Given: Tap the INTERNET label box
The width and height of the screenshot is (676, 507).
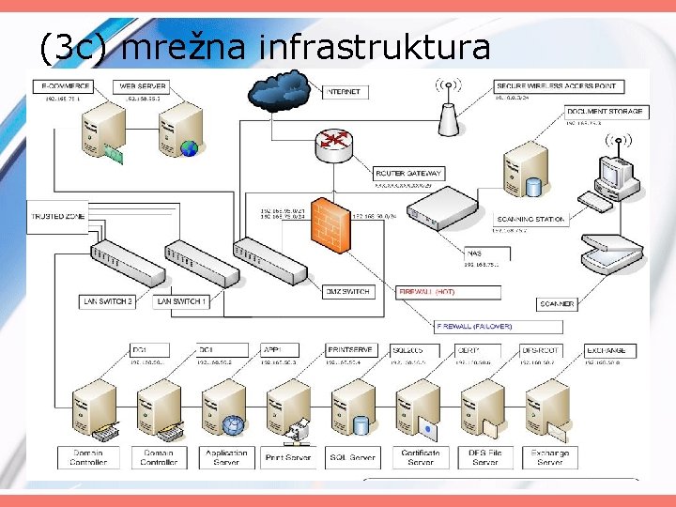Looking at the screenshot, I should [x=345, y=92].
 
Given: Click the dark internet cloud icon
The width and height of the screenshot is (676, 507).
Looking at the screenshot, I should [x=280, y=91].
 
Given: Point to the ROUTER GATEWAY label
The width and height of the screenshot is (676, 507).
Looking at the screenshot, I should [x=407, y=174].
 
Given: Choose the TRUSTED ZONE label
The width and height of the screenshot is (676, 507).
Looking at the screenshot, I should [x=57, y=217].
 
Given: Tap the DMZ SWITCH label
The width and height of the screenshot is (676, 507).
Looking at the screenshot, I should [x=346, y=292].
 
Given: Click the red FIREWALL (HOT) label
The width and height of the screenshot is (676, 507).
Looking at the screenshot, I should [x=427, y=292].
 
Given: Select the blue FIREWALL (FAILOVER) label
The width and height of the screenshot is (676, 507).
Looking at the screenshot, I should [x=473, y=325].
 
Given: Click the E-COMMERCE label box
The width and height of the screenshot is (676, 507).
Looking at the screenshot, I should [x=65, y=86].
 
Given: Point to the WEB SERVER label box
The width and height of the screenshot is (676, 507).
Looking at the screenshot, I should [x=142, y=86].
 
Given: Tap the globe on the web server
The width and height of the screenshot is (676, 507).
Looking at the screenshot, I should [x=189, y=147].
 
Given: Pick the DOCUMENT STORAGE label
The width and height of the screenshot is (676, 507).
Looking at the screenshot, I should [x=605, y=112].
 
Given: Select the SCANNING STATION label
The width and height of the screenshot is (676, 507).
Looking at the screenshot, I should [x=530, y=219].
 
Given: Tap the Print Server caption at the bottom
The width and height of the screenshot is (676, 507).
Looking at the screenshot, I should [x=287, y=457].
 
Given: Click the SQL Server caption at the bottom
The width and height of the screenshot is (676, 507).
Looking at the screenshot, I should [x=350, y=457].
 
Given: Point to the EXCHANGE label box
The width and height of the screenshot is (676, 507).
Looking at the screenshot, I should [x=607, y=350].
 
